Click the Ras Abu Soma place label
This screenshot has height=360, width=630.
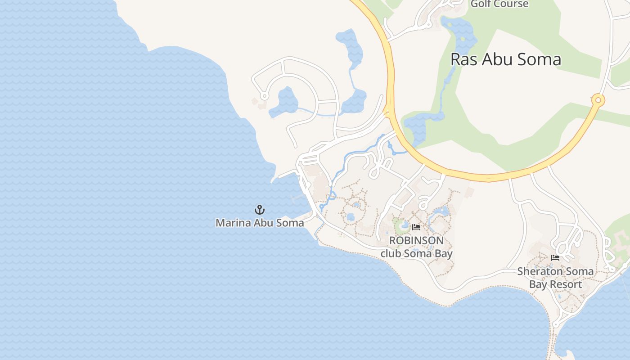506,59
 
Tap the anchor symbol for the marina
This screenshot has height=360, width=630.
260,209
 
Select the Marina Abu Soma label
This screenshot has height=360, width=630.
260,222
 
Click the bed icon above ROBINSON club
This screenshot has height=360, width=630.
416,227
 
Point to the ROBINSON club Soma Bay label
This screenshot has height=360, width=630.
416,247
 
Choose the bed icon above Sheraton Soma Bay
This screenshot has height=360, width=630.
555,258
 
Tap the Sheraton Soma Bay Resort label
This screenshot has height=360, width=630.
555,278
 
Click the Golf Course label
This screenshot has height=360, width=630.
499,4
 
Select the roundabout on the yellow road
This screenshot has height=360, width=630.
598,100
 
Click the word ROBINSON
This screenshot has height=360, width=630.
416,241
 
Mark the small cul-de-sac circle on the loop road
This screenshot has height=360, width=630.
264,96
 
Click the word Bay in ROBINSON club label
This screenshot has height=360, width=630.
444,253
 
